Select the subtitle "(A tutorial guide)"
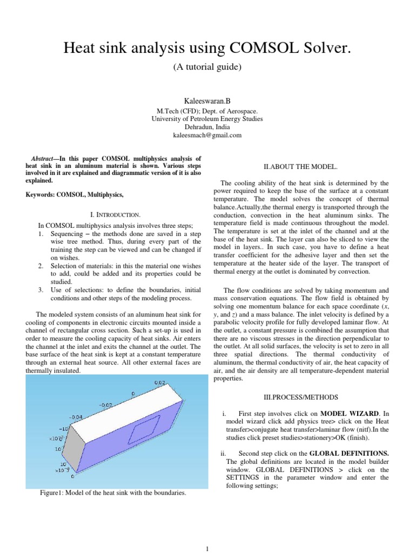point(207,68)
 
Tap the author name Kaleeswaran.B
point(207,100)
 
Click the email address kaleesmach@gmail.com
point(207,135)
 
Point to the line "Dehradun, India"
point(207,127)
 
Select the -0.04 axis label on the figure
point(76,417)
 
